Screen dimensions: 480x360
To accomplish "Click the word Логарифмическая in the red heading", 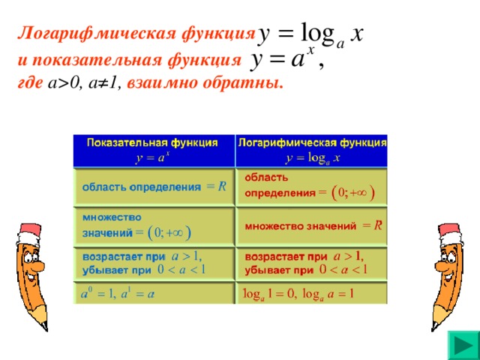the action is click(97, 33).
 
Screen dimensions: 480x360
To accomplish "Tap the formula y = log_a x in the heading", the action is click(310, 34).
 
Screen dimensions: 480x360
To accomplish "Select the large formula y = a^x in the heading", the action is click(286, 58).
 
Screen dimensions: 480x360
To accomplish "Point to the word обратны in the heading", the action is click(241, 83).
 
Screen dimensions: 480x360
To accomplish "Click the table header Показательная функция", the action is click(152, 142).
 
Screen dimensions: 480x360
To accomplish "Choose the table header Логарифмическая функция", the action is click(312, 142).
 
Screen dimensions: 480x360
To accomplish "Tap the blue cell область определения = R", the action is click(154, 187).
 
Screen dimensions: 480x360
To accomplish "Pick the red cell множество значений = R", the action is click(313, 226).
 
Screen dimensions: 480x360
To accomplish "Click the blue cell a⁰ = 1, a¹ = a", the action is click(118, 293).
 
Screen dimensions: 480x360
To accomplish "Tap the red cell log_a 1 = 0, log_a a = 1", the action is click(298, 294).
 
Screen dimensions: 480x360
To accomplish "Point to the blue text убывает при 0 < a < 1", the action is click(143, 270).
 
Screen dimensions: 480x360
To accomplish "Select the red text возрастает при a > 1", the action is click(304, 256).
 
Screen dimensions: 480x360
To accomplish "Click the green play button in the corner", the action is click(463, 346).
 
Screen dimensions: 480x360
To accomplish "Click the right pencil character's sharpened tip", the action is click(433, 328).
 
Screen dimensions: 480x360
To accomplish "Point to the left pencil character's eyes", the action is click(31, 256).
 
